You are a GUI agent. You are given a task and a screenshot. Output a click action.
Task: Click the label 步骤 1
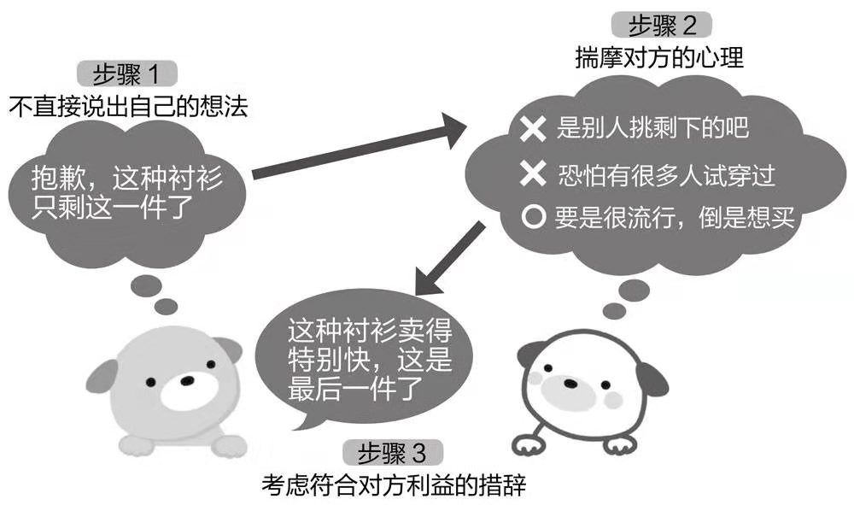(x=119, y=74)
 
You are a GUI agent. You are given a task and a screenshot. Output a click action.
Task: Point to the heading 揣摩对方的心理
(x=659, y=59)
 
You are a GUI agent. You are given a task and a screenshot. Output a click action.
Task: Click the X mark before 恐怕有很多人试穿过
(x=533, y=176)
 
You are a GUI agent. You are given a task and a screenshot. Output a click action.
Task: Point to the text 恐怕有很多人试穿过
(x=666, y=176)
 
